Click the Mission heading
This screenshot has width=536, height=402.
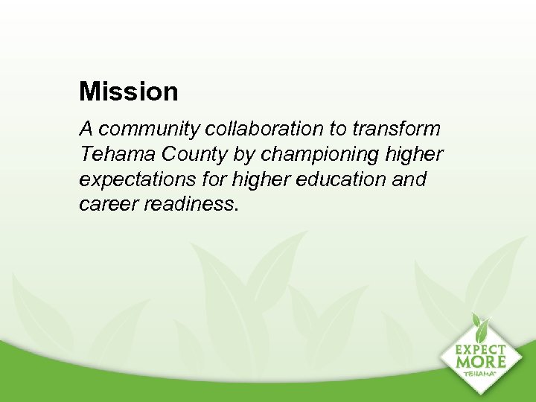[x=129, y=92]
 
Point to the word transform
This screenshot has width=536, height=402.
[x=396, y=130]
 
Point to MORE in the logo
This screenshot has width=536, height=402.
[x=481, y=362]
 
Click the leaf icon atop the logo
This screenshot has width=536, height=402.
[x=481, y=325]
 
